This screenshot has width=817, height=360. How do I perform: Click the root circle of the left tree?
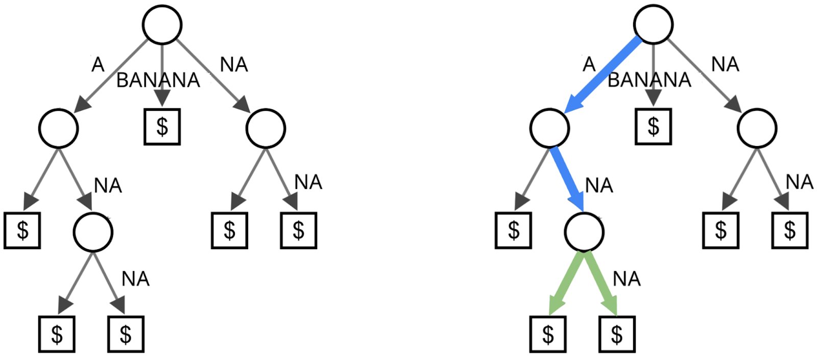pyautogui.click(x=162, y=25)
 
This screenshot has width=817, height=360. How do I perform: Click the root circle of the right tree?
pyautogui.click(x=653, y=25)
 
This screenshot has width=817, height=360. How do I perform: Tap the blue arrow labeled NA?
pyautogui.click(x=568, y=179)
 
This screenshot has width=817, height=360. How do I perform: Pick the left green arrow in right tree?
pyautogui.click(x=565, y=283)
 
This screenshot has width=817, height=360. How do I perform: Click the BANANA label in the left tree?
pyautogui.click(x=158, y=81)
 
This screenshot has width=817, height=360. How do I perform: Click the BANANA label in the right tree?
pyautogui.click(x=649, y=80)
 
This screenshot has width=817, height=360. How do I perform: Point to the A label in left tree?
pyautogui.click(x=98, y=65)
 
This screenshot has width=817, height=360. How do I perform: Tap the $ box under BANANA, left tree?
pyautogui.click(x=162, y=127)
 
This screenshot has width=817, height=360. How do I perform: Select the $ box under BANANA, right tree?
pyautogui.click(x=653, y=127)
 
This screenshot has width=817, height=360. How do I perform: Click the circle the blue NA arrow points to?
pyautogui.click(x=584, y=232)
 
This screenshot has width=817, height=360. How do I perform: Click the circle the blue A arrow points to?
pyautogui.click(x=549, y=128)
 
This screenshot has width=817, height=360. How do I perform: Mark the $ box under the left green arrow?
pyautogui.click(x=548, y=334)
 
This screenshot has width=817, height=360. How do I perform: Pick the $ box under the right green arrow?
pyautogui.click(x=617, y=334)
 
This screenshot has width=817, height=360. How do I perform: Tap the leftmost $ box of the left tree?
pyautogui.click(x=22, y=230)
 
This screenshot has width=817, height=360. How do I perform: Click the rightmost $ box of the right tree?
pyautogui.click(x=789, y=230)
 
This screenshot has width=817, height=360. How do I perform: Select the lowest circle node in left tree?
pyautogui.click(x=93, y=232)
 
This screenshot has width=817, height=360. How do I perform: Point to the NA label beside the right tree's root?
pyautogui.click(x=725, y=65)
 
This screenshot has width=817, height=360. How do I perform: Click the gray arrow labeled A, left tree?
pyautogui.click(x=112, y=74)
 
